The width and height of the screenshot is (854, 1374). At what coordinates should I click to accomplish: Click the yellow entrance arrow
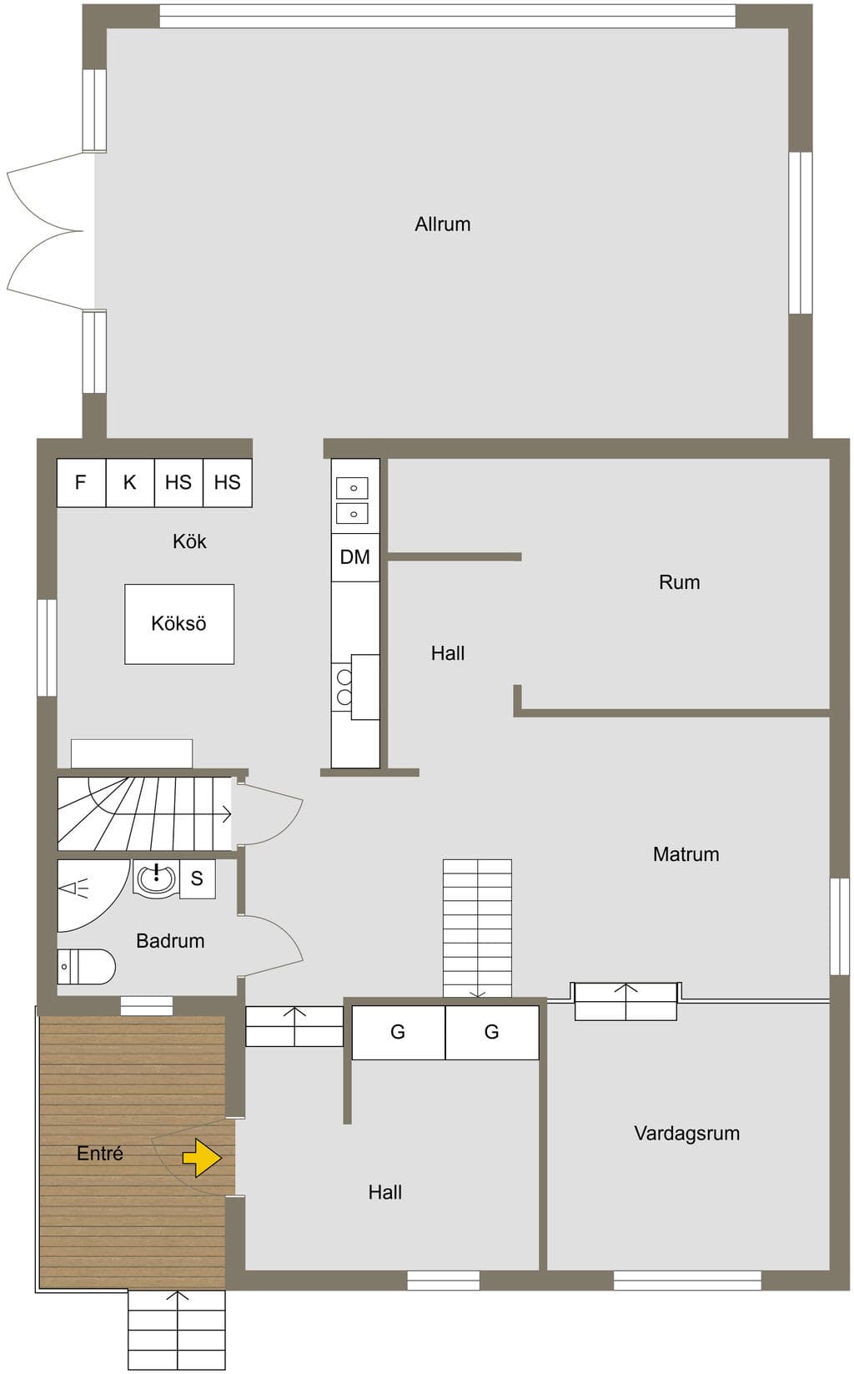[202, 1158]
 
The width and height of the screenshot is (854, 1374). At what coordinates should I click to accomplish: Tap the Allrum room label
[443, 224]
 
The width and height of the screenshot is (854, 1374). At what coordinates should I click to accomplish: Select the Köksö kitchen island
[179, 624]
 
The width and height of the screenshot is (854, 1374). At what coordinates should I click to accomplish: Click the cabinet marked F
[81, 483]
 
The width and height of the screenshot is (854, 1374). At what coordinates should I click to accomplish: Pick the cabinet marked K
[130, 483]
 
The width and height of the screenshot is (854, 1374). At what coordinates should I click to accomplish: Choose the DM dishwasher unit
[355, 557]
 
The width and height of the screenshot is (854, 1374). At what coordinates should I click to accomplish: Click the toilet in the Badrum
[87, 967]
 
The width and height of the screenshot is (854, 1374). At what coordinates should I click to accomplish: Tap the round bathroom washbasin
[156, 878]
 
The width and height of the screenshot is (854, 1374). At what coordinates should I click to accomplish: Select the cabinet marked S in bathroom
[198, 879]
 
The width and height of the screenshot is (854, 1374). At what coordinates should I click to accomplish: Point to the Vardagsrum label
[686, 1133]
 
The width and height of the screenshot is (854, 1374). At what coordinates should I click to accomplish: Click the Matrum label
[686, 854]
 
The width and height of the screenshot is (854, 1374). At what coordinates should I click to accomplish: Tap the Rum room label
[679, 582]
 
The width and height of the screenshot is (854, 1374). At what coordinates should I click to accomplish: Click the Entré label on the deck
[100, 1153]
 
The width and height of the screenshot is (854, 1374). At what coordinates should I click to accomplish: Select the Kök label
[189, 541]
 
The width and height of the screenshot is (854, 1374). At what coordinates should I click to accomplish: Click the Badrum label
[170, 941]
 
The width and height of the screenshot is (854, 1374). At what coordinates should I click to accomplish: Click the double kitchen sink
[353, 501]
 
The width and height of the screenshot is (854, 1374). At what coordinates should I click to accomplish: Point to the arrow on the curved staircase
[226, 814]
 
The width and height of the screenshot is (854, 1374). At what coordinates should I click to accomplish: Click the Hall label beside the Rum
[448, 653]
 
